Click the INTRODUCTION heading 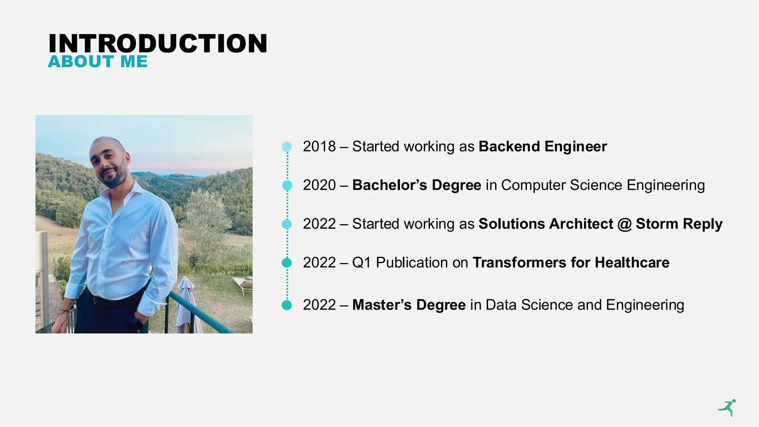tap(158, 43)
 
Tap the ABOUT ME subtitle tap(98, 62)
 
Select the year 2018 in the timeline tap(319, 146)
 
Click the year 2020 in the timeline tap(319, 185)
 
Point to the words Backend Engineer tap(543, 146)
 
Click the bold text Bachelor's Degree tap(417, 185)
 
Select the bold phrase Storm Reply tap(679, 224)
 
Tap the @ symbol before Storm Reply tap(624, 224)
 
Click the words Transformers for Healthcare tap(571, 262)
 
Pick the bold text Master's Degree tap(409, 305)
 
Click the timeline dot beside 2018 tap(287, 147)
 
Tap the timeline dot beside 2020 tap(287, 185)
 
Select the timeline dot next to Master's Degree tap(287, 305)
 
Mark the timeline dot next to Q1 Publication tap(287, 263)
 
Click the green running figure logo tap(727, 408)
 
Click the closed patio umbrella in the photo tap(187, 304)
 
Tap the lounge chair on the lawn tap(243, 284)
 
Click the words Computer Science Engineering tap(603, 185)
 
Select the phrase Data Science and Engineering tap(584, 305)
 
